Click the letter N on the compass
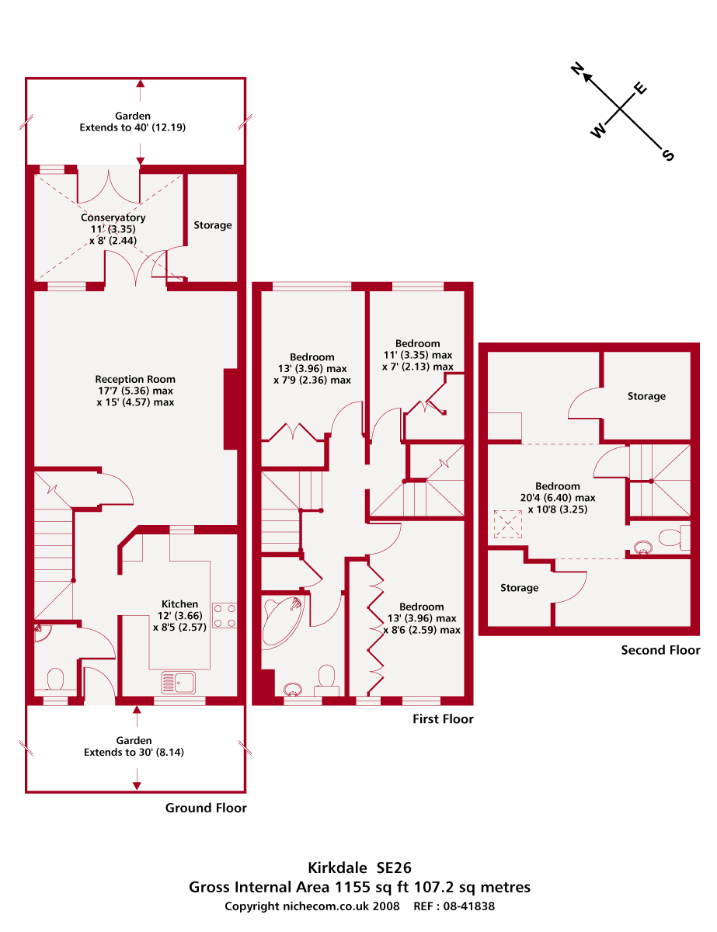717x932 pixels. click(x=577, y=70)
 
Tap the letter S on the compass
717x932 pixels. click(x=667, y=155)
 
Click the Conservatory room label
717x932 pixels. click(x=113, y=217)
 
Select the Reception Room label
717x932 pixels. click(x=135, y=380)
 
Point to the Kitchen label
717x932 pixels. click(x=179, y=604)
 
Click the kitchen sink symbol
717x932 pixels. click(x=179, y=683)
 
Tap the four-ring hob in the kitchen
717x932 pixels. click(x=224, y=615)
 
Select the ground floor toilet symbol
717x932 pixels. click(x=55, y=680)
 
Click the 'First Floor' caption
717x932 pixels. click(x=443, y=719)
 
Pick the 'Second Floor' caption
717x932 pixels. click(x=660, y=650)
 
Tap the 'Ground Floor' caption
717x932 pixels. click(x=206, y=808)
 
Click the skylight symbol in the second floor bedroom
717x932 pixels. click(x=509, y=524)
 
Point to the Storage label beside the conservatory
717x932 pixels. click(x=213, y=225)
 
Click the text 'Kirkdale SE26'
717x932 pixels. click(x=359, y=866)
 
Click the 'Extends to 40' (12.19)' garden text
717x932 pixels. click(x=133, y=127)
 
